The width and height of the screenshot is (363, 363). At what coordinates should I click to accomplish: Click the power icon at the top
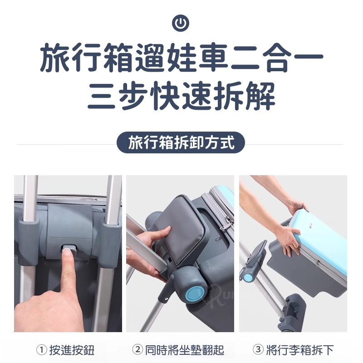pyautogui.click(x=181, y=23)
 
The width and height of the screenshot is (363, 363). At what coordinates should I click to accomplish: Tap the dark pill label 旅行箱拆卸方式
pyautogui.click(x=181, y=142)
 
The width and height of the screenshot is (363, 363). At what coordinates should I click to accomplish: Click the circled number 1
pyautogui.click(x=42, y=349)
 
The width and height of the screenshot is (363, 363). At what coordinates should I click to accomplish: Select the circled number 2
pyautogui.click(x=138, y=349)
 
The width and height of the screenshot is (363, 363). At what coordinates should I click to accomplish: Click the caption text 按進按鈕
pyautogui.click(x=72, y=350)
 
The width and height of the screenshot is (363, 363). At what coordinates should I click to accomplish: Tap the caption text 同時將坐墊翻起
pyautogui.click(x=185, y=350)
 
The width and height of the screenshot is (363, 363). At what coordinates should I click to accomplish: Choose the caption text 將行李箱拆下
pyautogui.click(x=300, y=350)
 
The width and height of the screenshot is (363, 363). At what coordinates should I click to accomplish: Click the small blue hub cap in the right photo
pyautogui.click(x=249, y=277)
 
